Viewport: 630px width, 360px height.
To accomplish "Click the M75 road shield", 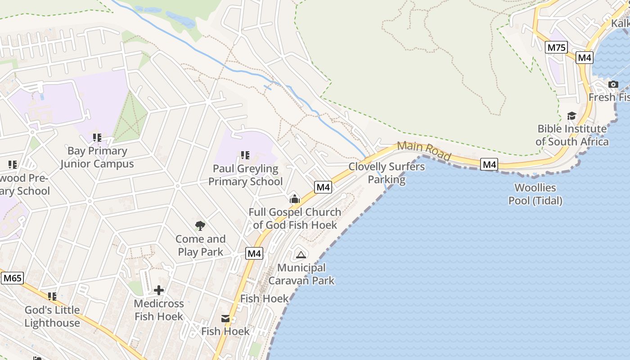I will tap(556, 47).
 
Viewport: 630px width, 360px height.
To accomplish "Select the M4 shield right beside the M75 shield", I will tap(585, 58).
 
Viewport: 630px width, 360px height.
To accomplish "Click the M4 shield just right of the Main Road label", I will tap(489, 165).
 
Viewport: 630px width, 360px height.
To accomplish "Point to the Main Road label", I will tap(424, 151).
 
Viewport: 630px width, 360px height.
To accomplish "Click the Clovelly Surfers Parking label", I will tap(387, 173).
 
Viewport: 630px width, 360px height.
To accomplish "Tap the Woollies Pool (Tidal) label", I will tap(535, 194).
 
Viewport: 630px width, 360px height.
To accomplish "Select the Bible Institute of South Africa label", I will tap(572, 135).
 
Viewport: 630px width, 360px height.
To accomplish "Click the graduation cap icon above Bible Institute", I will tap(571, 116).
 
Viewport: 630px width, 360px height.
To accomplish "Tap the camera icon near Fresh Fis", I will tap(613, 84).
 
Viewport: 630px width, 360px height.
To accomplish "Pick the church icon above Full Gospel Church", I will tap(295, 198).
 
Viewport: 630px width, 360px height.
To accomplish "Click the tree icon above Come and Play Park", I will tap(200, 225).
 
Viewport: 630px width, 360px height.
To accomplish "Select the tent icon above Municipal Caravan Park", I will tap(301, 255).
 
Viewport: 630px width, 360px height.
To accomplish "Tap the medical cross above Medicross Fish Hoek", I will tap(159, 290).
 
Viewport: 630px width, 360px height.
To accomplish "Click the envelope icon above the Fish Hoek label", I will tap(225, 319).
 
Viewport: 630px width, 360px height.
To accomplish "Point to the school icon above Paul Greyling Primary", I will tap(245, 155).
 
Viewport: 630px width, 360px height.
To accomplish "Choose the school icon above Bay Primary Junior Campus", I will tap(97, 137).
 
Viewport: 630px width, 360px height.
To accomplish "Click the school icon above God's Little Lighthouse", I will tap(52, 297).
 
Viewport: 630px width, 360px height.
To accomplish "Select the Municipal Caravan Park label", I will tap(301, 274).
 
